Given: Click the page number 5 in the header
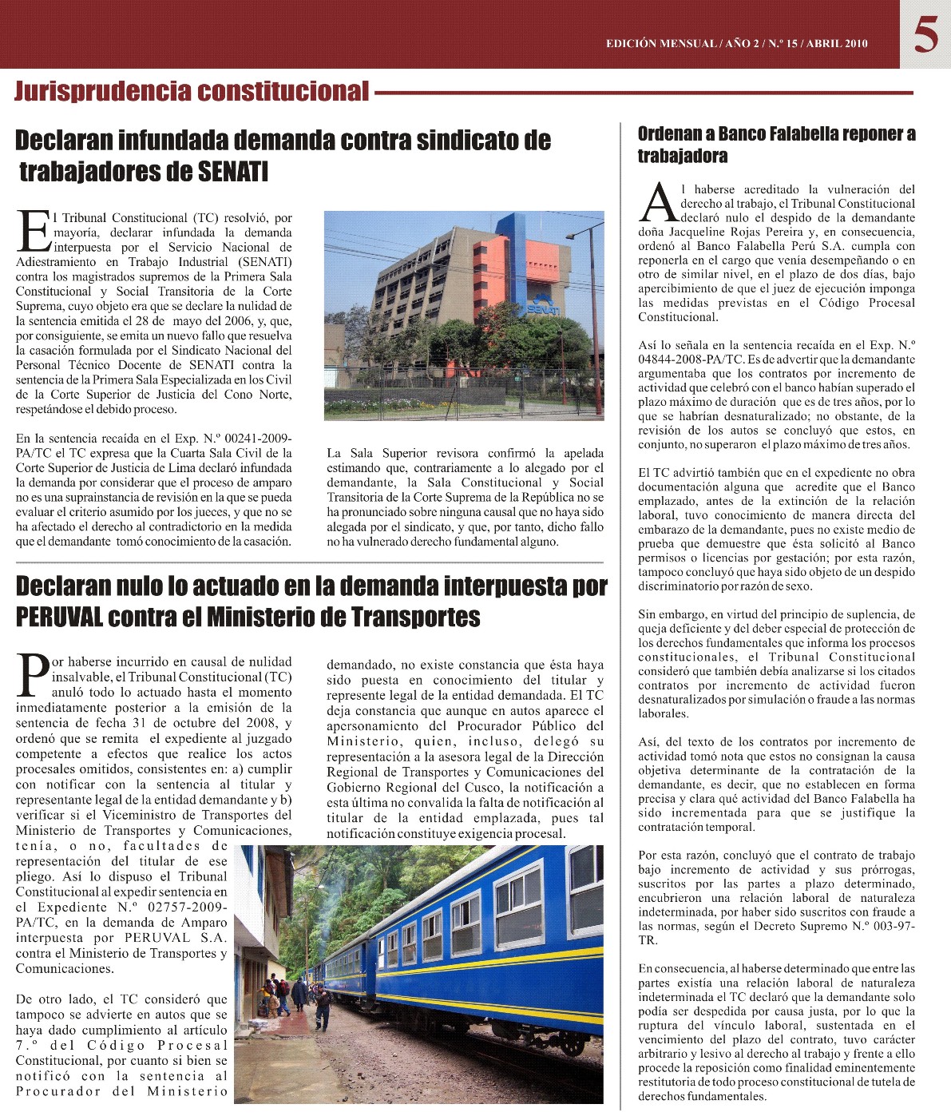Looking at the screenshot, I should click(925, 35).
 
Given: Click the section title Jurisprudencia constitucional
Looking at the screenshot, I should click(192, 92).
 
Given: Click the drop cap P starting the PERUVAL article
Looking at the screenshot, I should click(33, 677).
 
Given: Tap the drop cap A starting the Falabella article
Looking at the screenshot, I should click(659, 204).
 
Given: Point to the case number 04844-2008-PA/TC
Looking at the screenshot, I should click(685, 359).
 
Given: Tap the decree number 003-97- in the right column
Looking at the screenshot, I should click(890, 927).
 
